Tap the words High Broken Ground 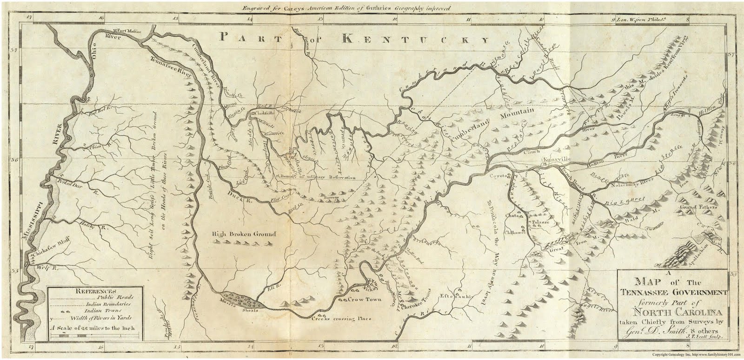point(244,234)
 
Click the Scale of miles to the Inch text point(96,328)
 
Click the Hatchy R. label point(96,227)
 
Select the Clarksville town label point(265,113)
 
